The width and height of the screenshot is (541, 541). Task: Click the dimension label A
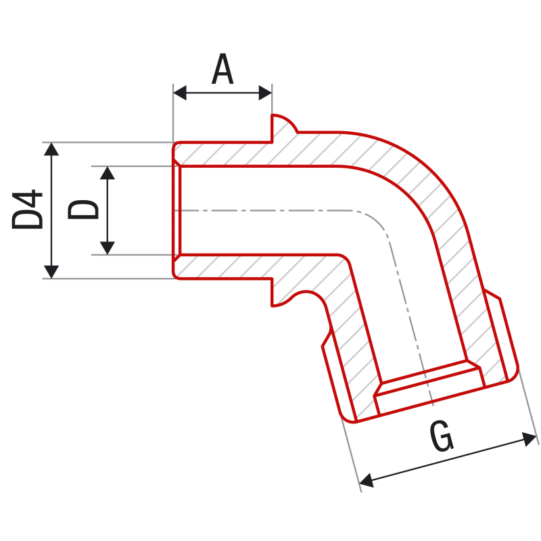pos(222,69)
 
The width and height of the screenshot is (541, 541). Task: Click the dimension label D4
pos(27,209)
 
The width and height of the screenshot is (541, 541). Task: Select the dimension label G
pos(442,436)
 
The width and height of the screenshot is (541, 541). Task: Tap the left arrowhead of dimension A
pos(180,93)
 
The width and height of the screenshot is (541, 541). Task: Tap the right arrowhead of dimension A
pos(265,93)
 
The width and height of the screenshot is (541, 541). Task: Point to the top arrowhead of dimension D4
pos(51,149)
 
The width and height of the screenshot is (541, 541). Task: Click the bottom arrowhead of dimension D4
pos(51,272)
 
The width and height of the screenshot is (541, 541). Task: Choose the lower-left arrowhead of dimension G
pos(367,480)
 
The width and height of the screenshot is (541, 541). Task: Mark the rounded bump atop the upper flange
pos(284,122)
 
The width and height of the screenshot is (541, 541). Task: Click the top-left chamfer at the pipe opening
pos(177,163)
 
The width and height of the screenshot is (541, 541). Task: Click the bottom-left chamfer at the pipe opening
pos(177,258)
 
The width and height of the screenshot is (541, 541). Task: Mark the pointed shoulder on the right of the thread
pos(493,294)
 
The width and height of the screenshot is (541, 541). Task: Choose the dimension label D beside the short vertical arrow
pos(83,210)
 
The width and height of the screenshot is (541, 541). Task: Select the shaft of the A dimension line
pos(222,93)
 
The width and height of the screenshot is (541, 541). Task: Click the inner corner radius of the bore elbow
pos(345,260)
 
